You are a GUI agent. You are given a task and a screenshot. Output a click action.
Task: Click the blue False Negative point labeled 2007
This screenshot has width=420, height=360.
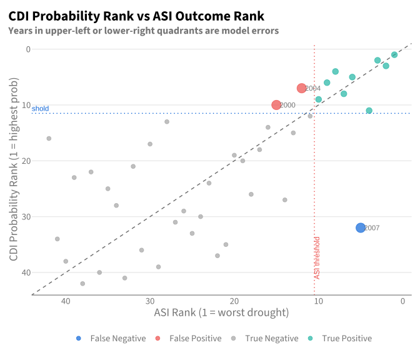point(361,227)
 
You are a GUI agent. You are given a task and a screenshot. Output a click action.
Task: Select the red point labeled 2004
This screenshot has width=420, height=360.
point(302,88)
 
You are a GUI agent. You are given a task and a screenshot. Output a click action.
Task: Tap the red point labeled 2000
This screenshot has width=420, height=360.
point(276,105)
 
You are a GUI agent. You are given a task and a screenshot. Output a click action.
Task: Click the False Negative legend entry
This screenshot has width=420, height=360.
point(111,338)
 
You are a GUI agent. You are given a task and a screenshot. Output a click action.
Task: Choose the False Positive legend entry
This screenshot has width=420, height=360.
point(189,338)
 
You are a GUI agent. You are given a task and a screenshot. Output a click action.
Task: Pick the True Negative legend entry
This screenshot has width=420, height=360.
point(264,338)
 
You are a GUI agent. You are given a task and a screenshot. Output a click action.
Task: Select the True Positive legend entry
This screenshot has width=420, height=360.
point(340,338)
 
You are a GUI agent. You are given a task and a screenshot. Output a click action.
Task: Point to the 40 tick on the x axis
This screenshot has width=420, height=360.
point(66,301)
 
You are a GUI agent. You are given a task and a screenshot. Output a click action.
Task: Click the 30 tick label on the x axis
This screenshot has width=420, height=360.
point(150,301)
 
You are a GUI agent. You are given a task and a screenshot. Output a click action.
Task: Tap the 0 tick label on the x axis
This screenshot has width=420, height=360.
point(402,301)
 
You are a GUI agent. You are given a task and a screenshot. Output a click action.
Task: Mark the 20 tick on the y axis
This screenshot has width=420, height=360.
point(26,161)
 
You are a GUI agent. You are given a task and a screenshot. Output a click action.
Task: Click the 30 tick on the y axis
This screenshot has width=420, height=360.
point(26,216)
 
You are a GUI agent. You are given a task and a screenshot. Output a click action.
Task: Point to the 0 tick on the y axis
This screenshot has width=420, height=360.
point(28,49)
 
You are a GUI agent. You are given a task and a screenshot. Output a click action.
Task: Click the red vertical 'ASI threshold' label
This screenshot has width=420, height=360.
point(317,258)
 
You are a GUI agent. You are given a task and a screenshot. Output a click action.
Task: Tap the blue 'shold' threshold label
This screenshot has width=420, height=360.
point(40,109)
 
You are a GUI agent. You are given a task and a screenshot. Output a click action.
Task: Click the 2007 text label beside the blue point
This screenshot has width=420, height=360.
point(372,228)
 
